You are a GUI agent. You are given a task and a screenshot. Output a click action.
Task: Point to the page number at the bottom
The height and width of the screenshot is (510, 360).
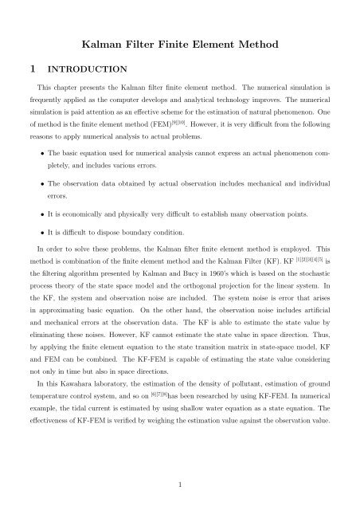click(x=180, y=482)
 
